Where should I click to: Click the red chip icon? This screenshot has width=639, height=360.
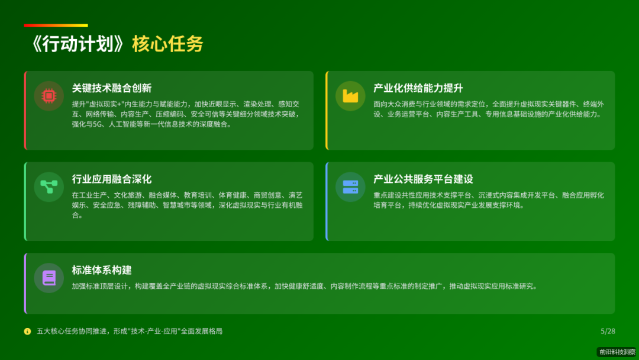click(49, 96)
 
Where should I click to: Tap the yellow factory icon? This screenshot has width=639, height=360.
click(350, 96)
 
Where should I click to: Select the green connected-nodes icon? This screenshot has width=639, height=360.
click(49, 187)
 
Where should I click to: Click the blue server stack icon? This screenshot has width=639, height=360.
click(350, 187)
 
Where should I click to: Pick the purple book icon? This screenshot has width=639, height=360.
click(49, 278)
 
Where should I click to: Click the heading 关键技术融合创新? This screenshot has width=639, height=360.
click(112, 88)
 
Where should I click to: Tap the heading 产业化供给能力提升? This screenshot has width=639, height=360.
click(418, 88)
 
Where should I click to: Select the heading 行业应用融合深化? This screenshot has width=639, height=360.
click(112, 179)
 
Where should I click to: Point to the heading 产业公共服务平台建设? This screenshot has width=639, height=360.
click(423, 179)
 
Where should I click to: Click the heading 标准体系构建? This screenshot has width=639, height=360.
click(102, 270)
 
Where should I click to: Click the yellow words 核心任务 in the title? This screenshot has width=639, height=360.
click(167, 44)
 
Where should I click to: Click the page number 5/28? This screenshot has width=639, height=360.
click(608, 331)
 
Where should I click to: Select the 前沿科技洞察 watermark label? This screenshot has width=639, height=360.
click(617, 352)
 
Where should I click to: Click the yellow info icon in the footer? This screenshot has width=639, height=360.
click(27, 331)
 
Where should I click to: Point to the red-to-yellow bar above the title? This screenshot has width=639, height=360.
click(56, 25)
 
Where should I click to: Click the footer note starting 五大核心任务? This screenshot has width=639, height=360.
click(130, 331)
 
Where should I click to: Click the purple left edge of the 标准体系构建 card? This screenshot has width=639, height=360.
click(25, 284)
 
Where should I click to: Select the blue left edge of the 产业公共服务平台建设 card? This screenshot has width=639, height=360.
click(327, 201)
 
